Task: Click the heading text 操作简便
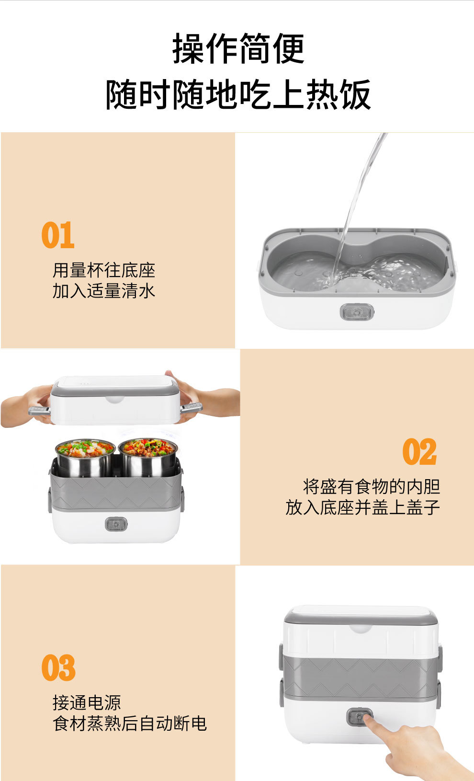click(238, 49)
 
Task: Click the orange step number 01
click(58, 235)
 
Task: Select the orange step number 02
click(419, 452)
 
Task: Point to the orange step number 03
click(58, 668)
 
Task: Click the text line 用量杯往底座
click(104, 270)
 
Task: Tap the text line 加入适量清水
click(104, 291)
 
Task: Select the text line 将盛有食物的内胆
click(372, 486)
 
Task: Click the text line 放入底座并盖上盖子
click(362, 507)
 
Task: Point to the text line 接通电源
click(87, 703)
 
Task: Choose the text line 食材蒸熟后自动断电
click(129, 724)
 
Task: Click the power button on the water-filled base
click(356, 312)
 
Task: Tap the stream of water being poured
click(357, 201)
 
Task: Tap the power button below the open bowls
click(116, 524)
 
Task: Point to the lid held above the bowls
click(115, 400)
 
